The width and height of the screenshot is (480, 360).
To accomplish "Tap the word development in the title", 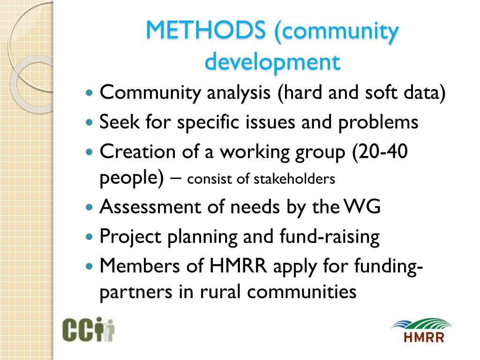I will pos(272,61).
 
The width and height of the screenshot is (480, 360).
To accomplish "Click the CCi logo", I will pos(89,330).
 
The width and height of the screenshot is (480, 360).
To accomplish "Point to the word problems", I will pos(378,123).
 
